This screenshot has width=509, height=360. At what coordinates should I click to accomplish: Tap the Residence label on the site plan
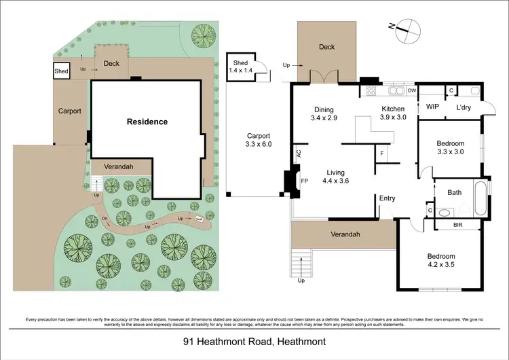click(x=147, y=122)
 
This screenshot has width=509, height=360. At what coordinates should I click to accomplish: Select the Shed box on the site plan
click(x=62, y=71)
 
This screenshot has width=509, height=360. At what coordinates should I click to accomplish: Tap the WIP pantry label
click(x=432, y=107)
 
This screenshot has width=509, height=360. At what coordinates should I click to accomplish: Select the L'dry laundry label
click(x=464, y=107)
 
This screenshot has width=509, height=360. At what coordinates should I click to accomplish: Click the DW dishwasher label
click(x=412, y=90)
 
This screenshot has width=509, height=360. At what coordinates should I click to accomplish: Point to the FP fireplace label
click(x=304, y=182)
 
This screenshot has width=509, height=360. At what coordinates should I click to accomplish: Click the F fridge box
click(x=382, y=154)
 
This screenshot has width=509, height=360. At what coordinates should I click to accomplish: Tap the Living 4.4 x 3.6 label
click(x=336, y=177)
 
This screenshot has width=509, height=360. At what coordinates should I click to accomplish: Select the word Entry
click(x=387, y=198)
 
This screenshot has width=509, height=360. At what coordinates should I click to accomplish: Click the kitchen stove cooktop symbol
click(x=372, y=90)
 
